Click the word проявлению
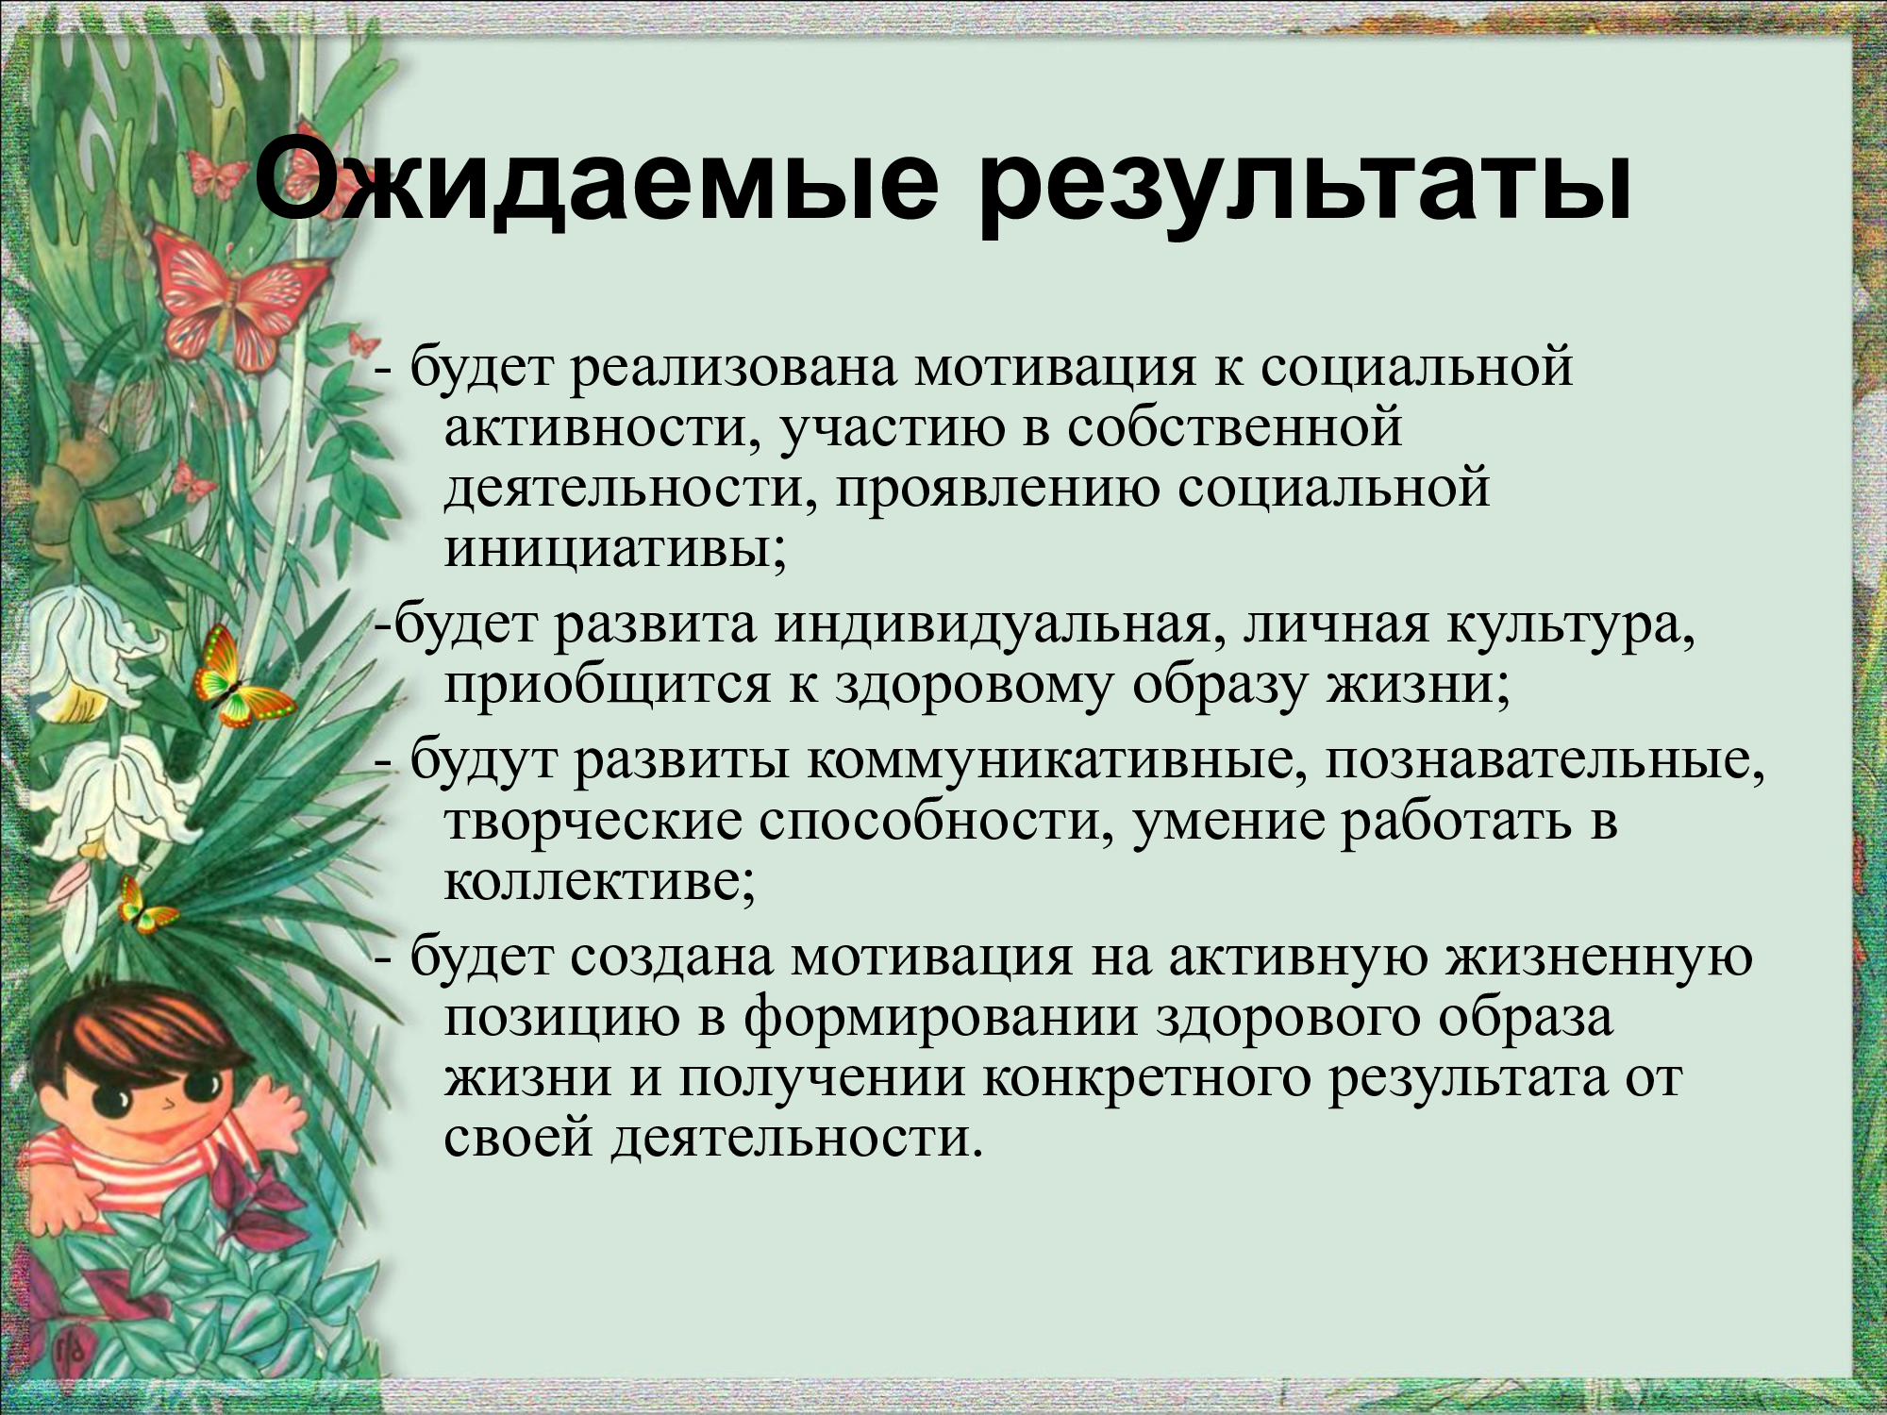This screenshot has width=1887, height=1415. coord(996,490)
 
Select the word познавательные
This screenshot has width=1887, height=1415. coord(1545,760)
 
